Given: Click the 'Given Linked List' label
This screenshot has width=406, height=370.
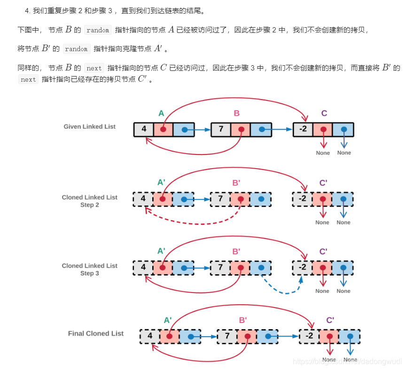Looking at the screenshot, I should [x=89, y=127].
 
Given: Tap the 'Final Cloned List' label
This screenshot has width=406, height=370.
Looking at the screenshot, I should [x=95, y=334].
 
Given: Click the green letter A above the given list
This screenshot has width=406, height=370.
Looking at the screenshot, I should [x=161, y=113].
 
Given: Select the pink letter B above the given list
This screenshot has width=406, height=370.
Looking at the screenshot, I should [x=236, y=113].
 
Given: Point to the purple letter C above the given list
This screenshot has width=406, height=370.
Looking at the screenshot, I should [x=324, y=113].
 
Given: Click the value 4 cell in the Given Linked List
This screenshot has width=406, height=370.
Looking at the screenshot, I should [x=144, y=130].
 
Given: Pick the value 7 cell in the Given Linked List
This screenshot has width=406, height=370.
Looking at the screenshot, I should [x=221, y=130].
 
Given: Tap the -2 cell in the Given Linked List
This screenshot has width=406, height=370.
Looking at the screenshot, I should [x=303, y=130].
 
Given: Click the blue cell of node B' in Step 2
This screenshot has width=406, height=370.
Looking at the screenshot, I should [x=261, y=200].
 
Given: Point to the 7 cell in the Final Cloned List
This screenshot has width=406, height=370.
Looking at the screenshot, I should [x=227, y=336].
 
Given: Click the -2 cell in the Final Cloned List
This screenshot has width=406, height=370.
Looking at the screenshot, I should [x=309, y=336].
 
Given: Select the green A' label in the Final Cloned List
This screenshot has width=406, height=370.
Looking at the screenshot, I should [x=168, y=320].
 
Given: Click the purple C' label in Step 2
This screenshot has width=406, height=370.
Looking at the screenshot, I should [x=323, y=183].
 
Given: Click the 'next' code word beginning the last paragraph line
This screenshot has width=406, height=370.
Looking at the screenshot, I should [x=28, y=80].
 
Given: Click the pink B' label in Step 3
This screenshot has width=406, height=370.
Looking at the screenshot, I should [x=236, y=252].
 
